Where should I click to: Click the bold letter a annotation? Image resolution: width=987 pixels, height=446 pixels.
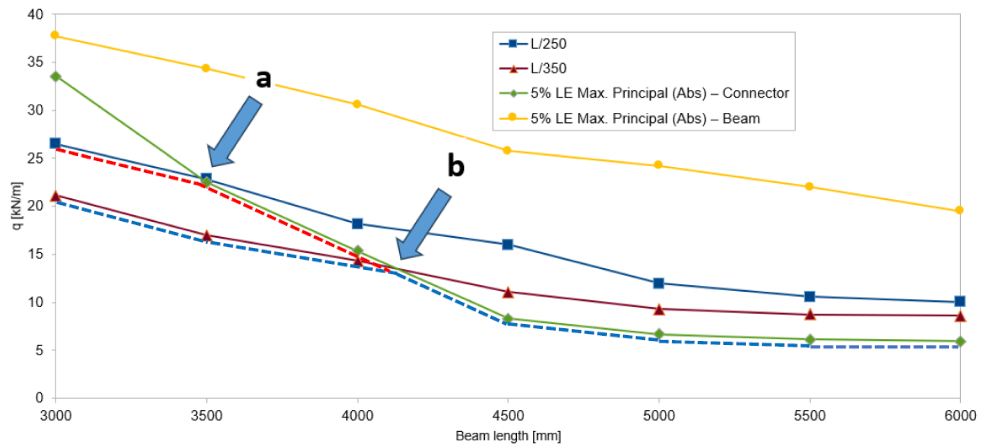pyautogui.click(x=263, y=79)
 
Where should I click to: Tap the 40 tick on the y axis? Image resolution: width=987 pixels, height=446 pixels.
pyautogui.click(x=35, y=15)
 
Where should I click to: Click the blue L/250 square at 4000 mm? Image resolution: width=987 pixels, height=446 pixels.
pyautogui.click(x=357, y=224)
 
